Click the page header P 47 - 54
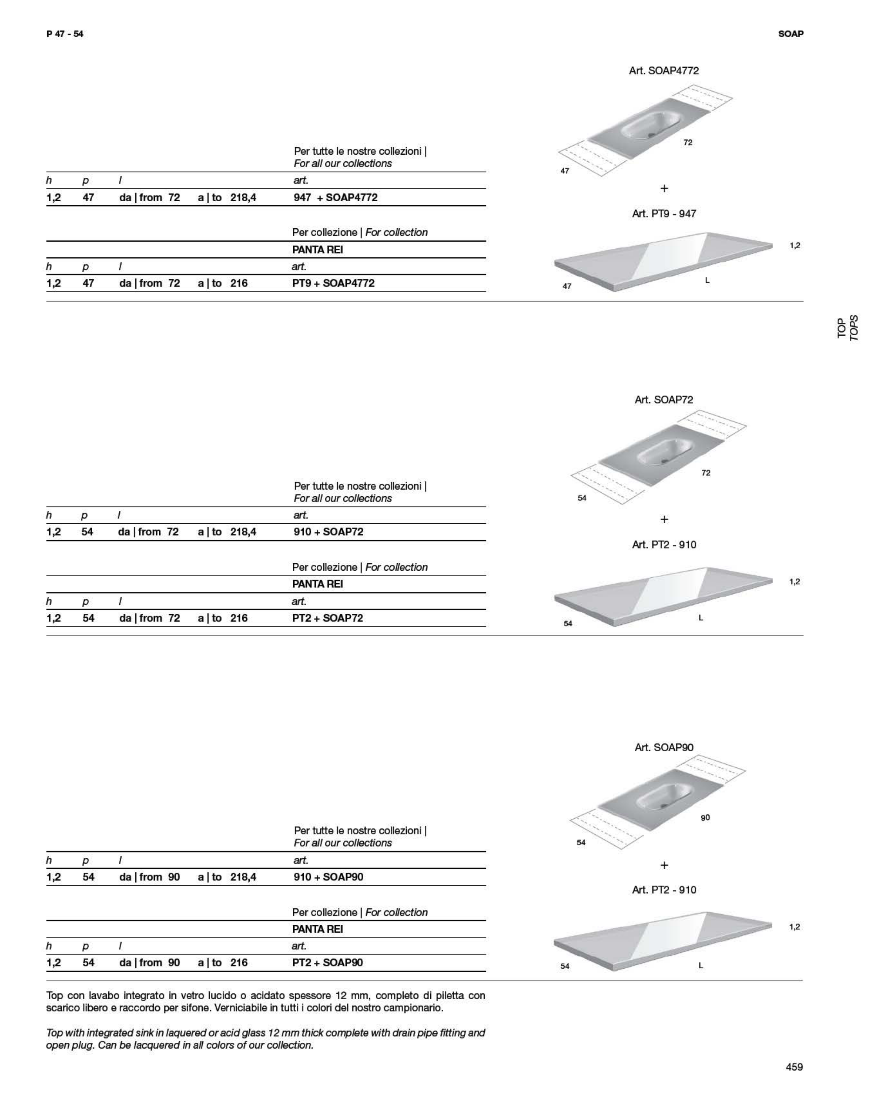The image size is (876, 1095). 65,34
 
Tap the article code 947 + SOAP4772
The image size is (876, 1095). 335,197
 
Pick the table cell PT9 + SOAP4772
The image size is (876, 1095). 333,283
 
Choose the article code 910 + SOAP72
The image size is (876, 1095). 328,532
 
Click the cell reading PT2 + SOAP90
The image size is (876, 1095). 327,962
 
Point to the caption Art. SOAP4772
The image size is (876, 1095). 663,70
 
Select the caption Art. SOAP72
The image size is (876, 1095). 663,400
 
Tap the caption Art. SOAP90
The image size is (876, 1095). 663,747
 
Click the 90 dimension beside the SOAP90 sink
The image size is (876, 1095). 705,818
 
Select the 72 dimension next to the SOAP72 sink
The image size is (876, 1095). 705,473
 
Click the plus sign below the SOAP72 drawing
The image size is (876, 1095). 664,519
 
